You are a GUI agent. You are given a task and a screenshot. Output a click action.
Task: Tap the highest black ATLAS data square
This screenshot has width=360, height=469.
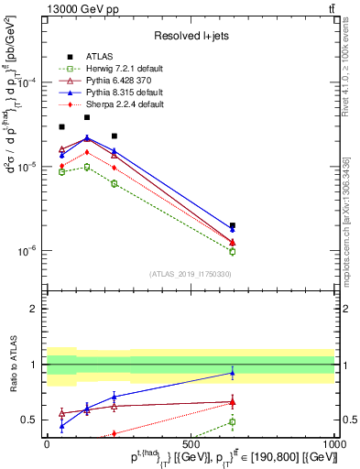pyautogui.click(x=87, y=117)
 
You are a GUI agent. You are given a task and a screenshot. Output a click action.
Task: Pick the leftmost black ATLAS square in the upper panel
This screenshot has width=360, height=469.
pyautogui.click(x=61, y=127)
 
